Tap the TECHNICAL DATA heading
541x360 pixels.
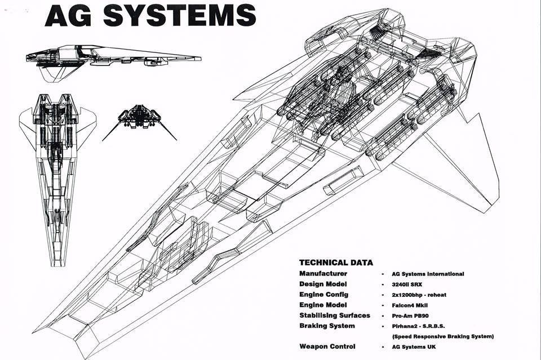click(336, 263)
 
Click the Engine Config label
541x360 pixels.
click(324, 294)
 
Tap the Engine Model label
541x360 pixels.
click(323, 305)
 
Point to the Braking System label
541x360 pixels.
click(327, 326)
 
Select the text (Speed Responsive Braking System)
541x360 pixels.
click(443, 336)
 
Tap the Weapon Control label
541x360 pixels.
click(327, 346)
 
